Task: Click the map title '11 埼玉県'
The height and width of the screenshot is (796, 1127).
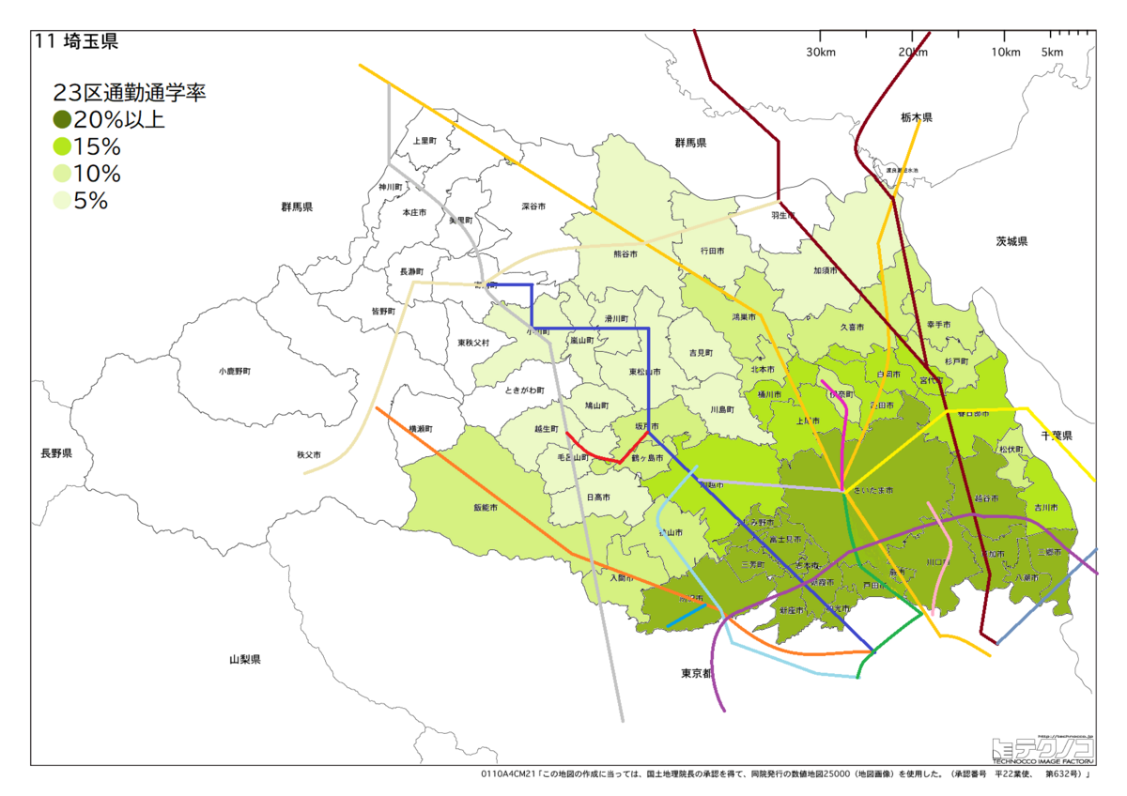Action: tap(76, 41)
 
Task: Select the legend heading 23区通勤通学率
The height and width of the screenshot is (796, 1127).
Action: tap(129, 93)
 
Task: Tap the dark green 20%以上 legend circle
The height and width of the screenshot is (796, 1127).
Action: tap(62, 120)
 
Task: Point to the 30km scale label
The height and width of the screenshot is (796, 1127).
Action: tap(820, 52)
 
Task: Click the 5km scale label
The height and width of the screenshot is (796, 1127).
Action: tap(1053, 52)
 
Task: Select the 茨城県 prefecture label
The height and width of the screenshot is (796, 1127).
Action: tap(1011, 241)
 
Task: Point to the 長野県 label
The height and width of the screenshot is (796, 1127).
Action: tap(55, 453)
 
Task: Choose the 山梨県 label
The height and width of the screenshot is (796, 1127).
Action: tap(245, 660)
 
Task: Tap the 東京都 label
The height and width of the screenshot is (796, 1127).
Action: tap(697, 673)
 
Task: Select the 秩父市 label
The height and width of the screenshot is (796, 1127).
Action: tap(309, 455)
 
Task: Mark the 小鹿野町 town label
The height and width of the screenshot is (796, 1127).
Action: tap(234, 372)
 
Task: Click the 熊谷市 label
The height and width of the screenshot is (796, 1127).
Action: tap(625, 254)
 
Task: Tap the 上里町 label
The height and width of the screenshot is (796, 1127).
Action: tap(425, 141)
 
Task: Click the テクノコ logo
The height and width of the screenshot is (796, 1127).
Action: tap(1042, 748)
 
